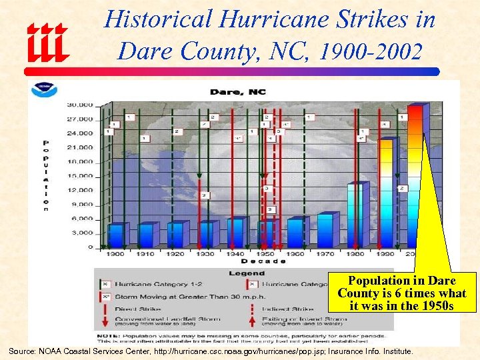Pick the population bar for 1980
point(355,215)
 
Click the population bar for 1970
point(325,231)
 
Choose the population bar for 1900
point(117,235)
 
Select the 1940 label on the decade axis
point(235,254)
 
